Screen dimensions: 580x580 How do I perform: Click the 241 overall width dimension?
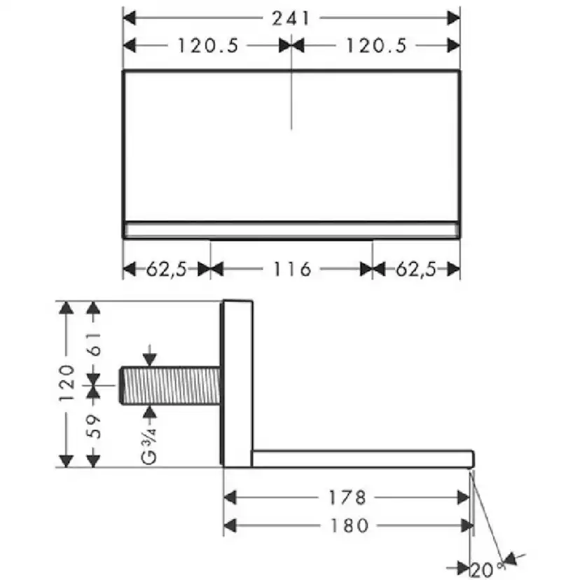(x=291, y=18)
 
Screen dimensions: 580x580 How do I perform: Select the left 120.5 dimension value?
(x=208, y=46)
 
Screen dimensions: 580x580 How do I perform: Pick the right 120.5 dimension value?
(x=377, y=46)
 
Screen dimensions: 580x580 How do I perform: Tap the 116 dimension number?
(x=292, y=269)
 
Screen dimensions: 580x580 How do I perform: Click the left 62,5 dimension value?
(x=167, y=269)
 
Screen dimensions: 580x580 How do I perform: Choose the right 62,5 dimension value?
(x=417, y=269)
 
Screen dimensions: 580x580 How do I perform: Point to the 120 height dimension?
(x=67, y=383)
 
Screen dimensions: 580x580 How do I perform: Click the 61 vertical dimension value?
(x=95, y=344)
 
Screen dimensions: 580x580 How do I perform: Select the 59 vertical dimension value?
(x=95, y=427)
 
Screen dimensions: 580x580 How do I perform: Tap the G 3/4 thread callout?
(x=149, y=446)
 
